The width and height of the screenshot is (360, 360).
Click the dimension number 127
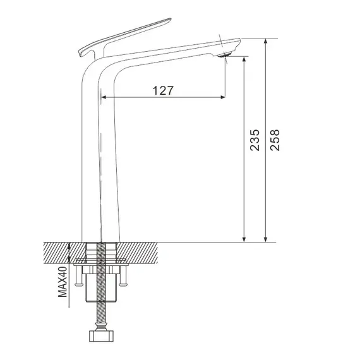pyautogui.click(x=163, y=90)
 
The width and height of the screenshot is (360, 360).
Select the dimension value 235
pyautogui.click(x=255, y=140)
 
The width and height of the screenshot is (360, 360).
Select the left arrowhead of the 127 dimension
pyautogui.click(x=104, y=98)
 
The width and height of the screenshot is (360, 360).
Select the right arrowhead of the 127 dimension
pyautogui.click(x=221, y=98)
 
